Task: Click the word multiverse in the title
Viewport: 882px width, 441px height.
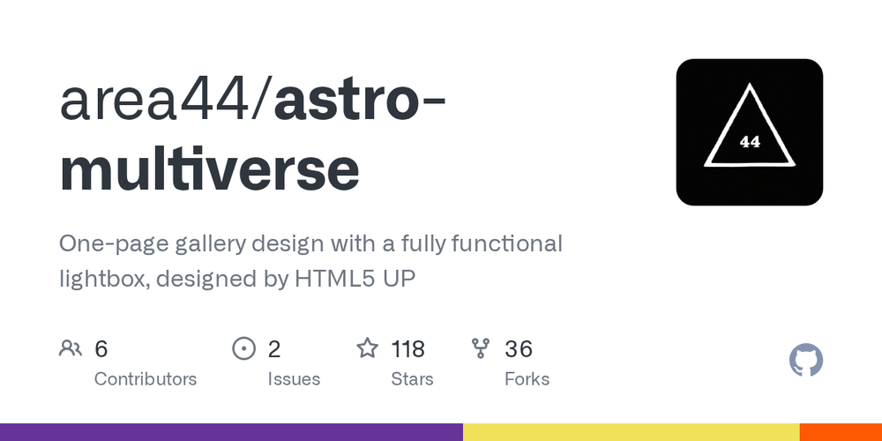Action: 210,170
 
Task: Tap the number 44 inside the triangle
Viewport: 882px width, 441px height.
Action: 750,141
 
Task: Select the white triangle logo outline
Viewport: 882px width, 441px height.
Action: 750,88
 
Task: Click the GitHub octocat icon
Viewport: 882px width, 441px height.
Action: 805,361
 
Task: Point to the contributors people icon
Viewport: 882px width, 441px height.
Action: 71,349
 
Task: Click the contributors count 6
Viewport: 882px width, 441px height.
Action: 101,349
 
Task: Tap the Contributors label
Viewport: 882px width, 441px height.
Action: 146,379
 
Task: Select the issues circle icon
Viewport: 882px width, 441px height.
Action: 243,349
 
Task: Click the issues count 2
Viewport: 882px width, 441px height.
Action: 274,349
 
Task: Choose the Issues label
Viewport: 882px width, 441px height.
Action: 294,379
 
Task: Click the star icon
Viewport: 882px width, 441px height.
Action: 367,349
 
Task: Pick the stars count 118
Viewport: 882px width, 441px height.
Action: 408,349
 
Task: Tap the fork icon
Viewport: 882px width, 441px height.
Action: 481,349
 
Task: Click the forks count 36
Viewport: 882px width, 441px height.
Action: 519,349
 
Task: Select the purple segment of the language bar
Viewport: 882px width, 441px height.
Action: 231,432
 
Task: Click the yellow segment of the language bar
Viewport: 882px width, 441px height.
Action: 631,432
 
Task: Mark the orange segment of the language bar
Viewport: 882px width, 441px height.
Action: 841,432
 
